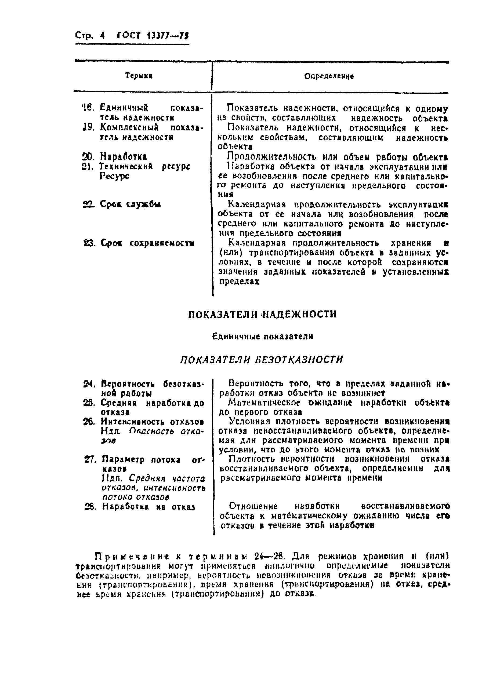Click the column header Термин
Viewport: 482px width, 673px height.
coord(139,75)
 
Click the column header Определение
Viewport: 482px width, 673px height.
coord(329,76)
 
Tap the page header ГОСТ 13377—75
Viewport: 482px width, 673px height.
coord(153,36)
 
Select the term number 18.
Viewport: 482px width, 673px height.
coord(88,107)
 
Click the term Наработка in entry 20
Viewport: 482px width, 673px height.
coord(123,156)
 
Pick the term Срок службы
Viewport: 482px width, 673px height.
coord(130,204)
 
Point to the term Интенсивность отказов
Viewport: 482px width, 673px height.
coord(152,422)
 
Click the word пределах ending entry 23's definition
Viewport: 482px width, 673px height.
coord(239,281)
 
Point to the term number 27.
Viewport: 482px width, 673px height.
coord(90,460)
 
